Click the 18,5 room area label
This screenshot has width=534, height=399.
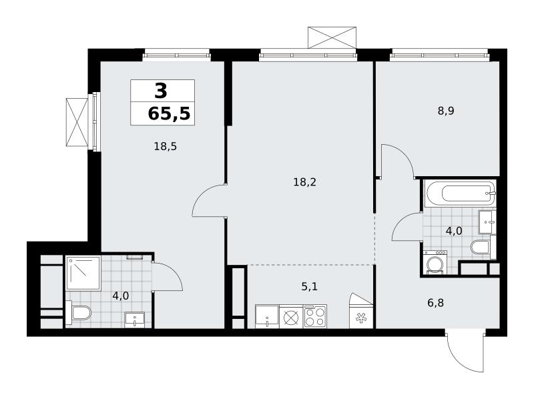(165, 147)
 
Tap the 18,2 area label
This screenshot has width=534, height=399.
(305, 182)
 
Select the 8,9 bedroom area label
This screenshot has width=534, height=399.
(446, 111)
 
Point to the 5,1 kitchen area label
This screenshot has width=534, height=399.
(309, 287)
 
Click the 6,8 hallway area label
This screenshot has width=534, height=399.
(436, 303)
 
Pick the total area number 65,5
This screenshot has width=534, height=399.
(169, 113)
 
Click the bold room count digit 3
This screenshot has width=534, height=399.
(161, 91)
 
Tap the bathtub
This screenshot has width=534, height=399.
(460, 193)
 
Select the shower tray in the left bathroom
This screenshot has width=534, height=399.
(83, 274)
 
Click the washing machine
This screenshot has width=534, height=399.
(435, 262)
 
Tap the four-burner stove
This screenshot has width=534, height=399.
(315, 316)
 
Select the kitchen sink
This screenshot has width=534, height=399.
(267, 317)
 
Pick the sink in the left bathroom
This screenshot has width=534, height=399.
(135, 320)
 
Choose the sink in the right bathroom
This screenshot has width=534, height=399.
(487, 222)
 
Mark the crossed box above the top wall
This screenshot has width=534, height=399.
(332, 37)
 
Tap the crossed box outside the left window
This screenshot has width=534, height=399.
(77, 122)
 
